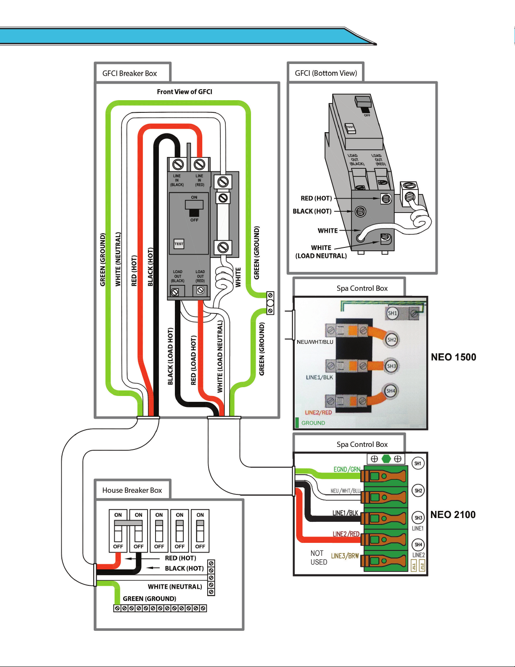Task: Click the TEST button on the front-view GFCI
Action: point(179,244)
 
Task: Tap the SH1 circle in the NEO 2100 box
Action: point(418,463)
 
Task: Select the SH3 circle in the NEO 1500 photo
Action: point(391,366)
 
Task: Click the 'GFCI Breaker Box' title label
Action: point(129,73)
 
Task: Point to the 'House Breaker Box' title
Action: point(132,490)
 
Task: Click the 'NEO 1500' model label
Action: point(453,357)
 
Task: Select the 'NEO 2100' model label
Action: point(453,515)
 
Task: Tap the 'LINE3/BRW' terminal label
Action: point(345,556)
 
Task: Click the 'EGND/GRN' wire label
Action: point(346,469)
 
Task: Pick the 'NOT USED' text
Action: point(319,558)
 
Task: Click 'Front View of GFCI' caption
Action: point(185,92)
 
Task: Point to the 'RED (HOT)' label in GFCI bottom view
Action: point(316,198)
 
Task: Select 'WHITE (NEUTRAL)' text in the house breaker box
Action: point(175,587)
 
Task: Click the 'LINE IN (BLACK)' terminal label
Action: point(177,180)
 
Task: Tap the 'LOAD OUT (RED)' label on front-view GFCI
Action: point(200,276)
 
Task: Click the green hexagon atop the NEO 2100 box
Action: point(386,459)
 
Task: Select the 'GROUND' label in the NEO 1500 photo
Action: point(313,423)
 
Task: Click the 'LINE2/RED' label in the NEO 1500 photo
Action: point(318,412)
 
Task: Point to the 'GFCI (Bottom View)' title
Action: point(326,73)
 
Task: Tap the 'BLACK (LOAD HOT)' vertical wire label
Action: point(170,356)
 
